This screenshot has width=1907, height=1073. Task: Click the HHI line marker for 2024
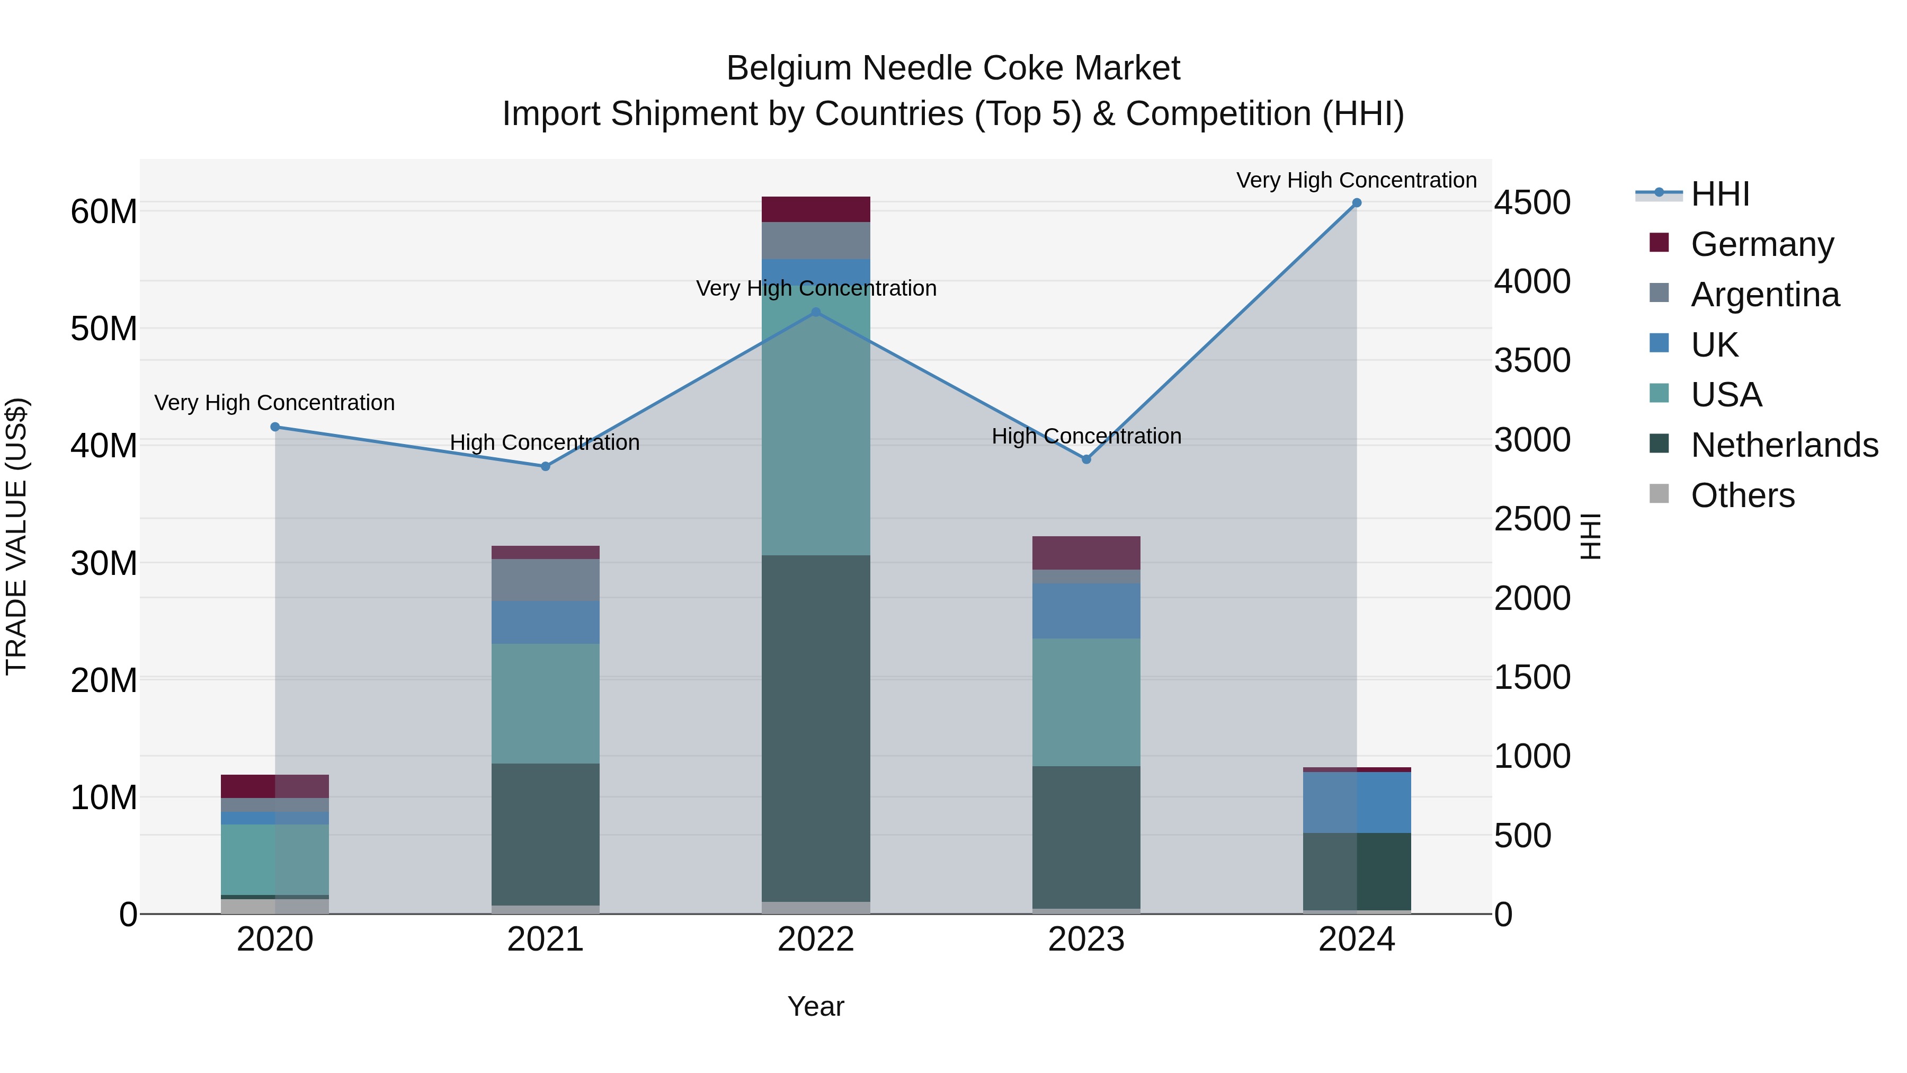pos(1356,203)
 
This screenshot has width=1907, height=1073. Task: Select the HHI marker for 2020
pos(274,427)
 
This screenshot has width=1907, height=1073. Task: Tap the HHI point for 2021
pos(546,466)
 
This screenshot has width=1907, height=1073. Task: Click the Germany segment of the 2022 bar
pos(816,209)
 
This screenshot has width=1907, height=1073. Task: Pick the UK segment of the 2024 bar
pos(1356,802)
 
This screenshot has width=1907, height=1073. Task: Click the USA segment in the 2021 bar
pos(546,704)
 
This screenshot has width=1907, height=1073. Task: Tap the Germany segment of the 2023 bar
pos(1086,553)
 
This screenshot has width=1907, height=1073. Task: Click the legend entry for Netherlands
pos(1784,445)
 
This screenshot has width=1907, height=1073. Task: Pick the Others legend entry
pos(1743,495)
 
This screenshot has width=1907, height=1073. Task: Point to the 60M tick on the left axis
pos(104,212)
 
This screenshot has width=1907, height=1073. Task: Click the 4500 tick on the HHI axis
pos(1531,203)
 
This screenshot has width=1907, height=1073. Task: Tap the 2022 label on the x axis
pos(816,939)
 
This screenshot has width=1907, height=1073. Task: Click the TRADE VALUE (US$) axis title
pos(17,536)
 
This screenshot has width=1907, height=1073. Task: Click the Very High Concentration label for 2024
pos(1356,180)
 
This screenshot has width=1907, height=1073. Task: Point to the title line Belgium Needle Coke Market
pos(953,68)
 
